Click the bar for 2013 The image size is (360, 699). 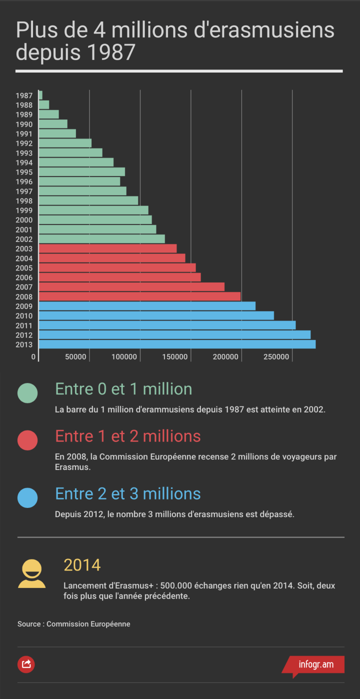pyautogui.click(x=177, y=344)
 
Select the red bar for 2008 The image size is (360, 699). pyautogui.click(x=139, y=296)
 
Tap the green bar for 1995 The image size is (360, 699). pyautogui.click(x=81, y=172)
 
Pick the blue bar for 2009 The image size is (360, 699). pyautogui.click(x=147, y=306)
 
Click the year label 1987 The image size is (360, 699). pyautogui.click(x=24, y=95)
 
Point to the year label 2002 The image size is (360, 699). pyautogui.click(x=24, y=239)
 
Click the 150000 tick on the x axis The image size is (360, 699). pyautogui.click(x=175, y=357)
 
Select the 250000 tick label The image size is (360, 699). pyautogui.click(x=276, y=357)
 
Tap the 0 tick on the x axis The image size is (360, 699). pyautogui.click(x=33, y=357)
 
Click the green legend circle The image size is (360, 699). pyautogui.click(x=27, y=393)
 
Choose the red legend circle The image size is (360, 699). pyautogui.click(x=27, y=440)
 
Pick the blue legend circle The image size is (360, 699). pyautogui.click(x=27, y=497)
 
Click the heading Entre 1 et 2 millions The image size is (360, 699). pyautogui.click(x=128, y=436)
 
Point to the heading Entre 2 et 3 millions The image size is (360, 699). pyautogui.click(x=128, y=493)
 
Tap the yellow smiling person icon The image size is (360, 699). pyautogui.click(x=31, y=573)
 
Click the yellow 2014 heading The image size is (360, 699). pyautogui.click(x=82, y=565)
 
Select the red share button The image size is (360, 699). pyautogui.click(x=26, y=664)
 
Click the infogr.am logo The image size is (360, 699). pyautogui.click(x=315, y=665)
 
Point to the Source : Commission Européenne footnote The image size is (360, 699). pyautogui.click(x=74, y=624)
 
